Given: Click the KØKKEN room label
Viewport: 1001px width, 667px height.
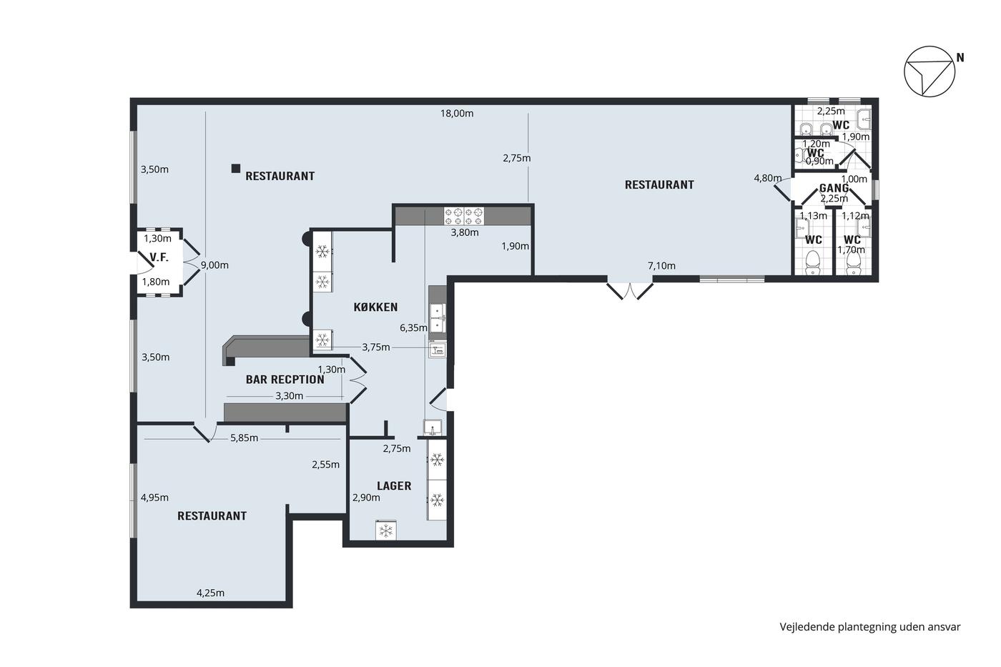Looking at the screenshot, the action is [375, 307].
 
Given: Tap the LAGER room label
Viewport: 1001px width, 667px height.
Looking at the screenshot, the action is [394, 486].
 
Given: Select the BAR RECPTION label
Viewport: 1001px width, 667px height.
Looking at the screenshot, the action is [285, 380].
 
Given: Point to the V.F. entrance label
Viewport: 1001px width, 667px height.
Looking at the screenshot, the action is [159, 257].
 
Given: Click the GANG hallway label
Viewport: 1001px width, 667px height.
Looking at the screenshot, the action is [834, 188].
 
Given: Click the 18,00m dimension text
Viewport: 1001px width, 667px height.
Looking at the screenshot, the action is [457, 114].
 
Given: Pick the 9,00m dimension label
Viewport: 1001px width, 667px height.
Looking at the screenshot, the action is [214, 265].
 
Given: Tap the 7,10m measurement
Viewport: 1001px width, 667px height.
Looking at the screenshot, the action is [661, 266].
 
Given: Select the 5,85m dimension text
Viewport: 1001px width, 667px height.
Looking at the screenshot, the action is [244, 438].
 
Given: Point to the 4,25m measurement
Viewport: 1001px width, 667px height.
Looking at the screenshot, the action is [210, 593].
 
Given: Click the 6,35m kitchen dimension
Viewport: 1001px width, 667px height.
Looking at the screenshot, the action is [413, 328].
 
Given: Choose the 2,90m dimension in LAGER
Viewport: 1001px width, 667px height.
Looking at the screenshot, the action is [366, 498].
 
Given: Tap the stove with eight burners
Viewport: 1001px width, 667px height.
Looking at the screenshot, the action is [464, 216].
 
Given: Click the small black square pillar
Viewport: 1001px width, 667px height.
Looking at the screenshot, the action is [235, 169].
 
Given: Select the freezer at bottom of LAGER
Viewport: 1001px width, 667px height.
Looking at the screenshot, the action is [386, 530].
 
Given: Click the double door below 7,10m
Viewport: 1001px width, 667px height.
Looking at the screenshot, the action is [630, 290].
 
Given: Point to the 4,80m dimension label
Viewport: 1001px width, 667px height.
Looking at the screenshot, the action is [768, 178].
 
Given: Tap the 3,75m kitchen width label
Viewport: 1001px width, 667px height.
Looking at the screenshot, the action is [376, 347].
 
